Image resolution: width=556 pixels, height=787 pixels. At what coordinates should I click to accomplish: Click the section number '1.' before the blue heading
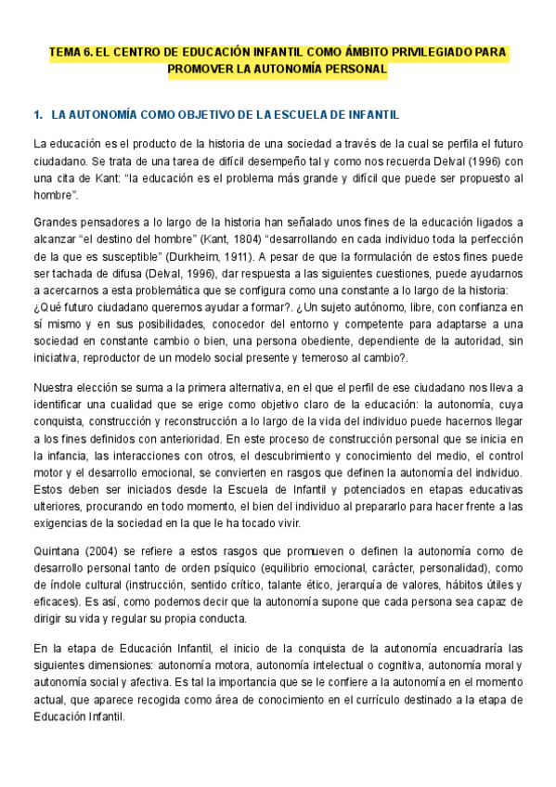[x=37, y=115]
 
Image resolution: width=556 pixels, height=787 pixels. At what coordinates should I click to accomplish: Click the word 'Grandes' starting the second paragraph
[x=54, y=222]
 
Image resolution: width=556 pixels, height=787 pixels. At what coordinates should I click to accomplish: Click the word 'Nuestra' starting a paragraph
[x=52, y=387]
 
